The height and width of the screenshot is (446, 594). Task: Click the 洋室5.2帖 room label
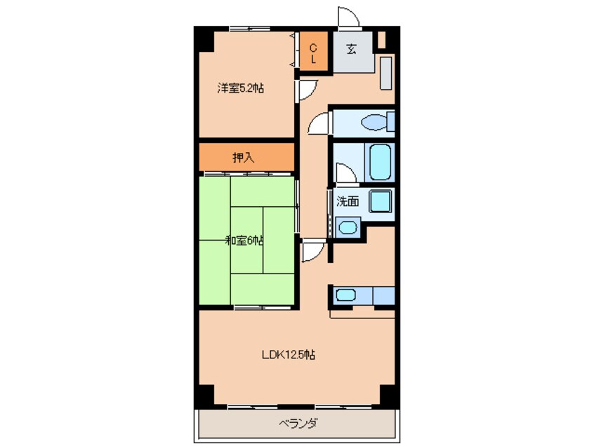click(x=240, y=88)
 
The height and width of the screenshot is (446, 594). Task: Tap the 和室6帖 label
click(x=244, y=241)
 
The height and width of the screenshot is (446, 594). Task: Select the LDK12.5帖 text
click(x=289, y=355)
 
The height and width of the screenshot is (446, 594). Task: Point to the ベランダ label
click(x=298, y=423)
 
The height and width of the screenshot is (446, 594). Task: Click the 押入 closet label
click(x=243, y=157)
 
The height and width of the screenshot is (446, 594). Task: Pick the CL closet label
click(x=313, y=53)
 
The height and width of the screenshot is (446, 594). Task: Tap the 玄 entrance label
click(x=351, y=49)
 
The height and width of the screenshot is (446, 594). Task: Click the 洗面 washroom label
click(x=348, y=201)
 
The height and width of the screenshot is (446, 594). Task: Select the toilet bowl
click(x=374, y=123)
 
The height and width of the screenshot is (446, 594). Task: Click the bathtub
click(x=380, y=162)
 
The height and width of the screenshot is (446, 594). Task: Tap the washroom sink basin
click(x=348, y=227)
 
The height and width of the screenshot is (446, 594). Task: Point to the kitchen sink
click(x=345, y=295)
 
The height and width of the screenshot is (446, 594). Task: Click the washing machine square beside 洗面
click(x=381, y=201)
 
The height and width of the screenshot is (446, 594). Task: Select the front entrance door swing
click(x=348, y=17)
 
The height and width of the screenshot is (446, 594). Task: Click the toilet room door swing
click(x=318, y=123)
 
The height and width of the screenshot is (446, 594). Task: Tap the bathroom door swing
click(x=347, y=173)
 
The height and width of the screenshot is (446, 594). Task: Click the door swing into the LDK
click(x=314, y=251)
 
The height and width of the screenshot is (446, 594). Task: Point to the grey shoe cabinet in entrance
click(x=385, y=74)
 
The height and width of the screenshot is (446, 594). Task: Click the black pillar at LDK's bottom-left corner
click(x=204, y=396)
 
